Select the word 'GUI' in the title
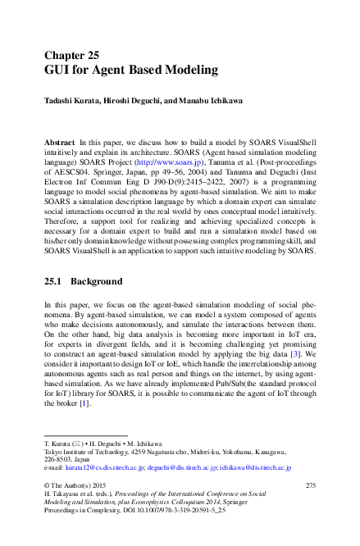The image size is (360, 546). coord(57,71)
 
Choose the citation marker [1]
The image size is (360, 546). coord(84,403)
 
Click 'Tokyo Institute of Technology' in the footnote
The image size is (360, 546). coord(81,452)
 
